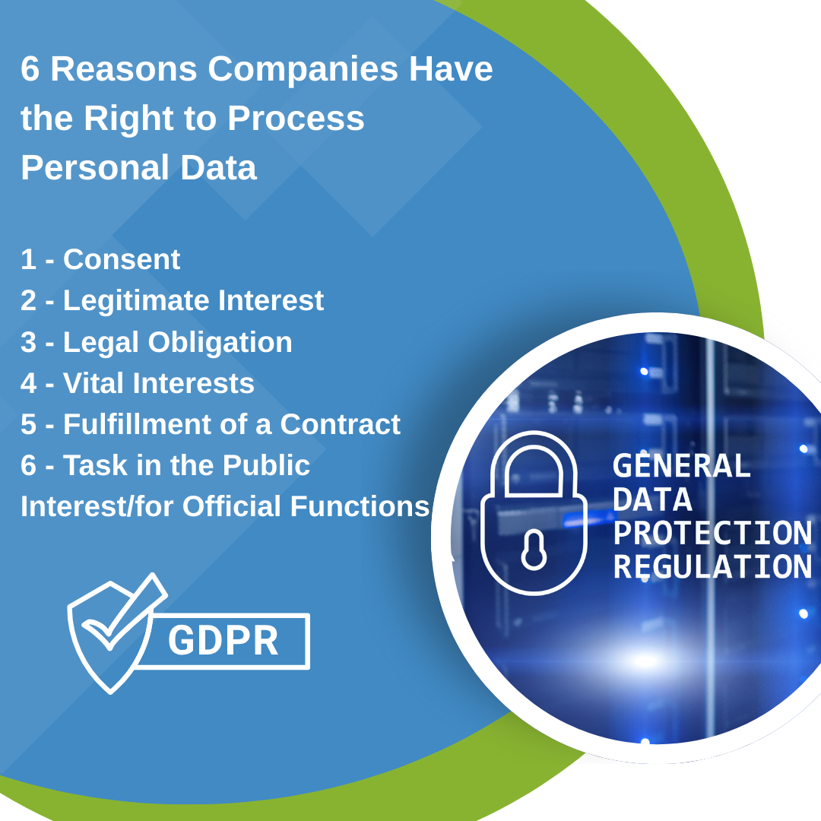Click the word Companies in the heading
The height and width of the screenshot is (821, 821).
click(x=303, y=70)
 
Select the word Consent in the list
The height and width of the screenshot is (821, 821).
click(x=122, y=260)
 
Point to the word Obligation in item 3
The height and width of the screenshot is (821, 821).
click(x=220, y=342)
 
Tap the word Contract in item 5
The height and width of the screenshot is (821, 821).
click(x=340, y=424)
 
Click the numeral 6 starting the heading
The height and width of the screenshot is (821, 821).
click(x=30, y=70)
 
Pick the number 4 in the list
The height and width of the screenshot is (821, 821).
click(x=28, y=383)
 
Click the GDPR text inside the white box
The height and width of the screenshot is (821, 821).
click(x=223, y=641)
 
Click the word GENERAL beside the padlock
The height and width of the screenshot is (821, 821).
click(x=681, y=466)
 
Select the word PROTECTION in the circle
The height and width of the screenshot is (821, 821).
click(x=712, y=534)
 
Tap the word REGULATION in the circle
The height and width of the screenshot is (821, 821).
click(x=712, y=568)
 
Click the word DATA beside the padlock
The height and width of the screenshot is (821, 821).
click(x=652, y=500)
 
